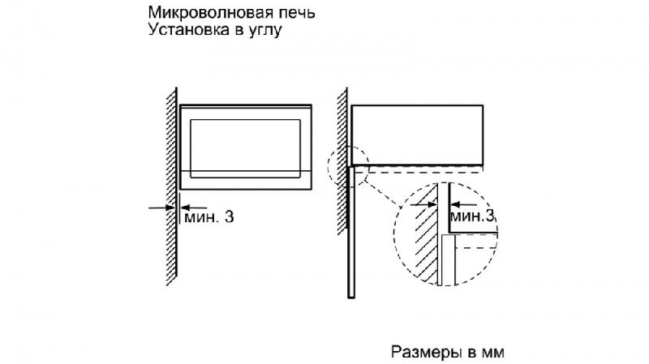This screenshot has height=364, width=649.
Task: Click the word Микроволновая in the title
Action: click(205, 13)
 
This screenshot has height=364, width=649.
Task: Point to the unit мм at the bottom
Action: click(493, 353)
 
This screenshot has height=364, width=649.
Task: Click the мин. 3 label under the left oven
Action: click(209, 216)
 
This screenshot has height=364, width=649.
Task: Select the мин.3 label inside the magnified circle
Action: click(472, 216)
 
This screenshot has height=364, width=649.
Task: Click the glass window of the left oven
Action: click(245, 148)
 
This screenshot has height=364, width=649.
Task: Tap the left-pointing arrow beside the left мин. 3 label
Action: click(194, 208)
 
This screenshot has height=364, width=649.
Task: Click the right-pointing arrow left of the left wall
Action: click(162, 208)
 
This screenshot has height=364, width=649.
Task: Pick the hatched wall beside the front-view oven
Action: click(171, 186)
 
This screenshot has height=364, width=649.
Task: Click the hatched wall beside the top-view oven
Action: click(342, 161)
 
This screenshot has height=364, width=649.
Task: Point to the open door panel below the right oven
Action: click(351, 232)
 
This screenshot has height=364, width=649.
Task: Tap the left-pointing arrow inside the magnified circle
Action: click(463, 204)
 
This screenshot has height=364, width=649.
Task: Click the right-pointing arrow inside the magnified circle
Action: click(423, 204)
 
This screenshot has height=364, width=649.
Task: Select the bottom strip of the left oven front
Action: click(246, 180)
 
